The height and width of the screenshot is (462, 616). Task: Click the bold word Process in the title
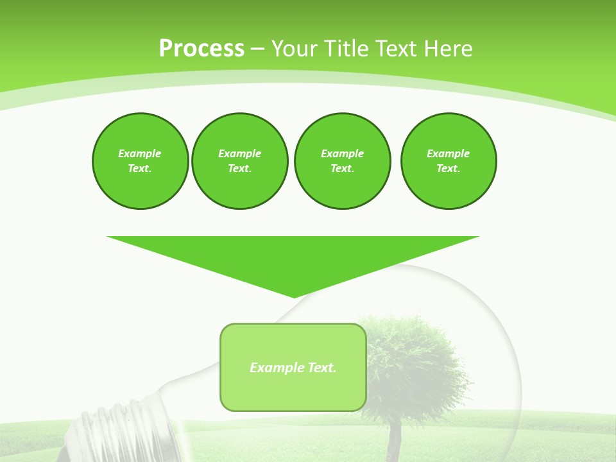pos(201,49)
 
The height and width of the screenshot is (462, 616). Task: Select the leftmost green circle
pos(140,160)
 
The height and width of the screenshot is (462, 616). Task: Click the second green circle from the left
pos(239,160)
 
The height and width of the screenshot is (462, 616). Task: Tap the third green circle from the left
pos(342,160)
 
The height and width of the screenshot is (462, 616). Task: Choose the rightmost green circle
pos(449,160)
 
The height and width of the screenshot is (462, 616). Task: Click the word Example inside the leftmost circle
pos(140,153)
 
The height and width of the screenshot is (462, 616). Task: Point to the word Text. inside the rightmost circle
pos(449,169)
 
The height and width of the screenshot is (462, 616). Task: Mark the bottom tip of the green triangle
pos(294,296)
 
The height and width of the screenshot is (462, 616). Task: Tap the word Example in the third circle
pos(342,153)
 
